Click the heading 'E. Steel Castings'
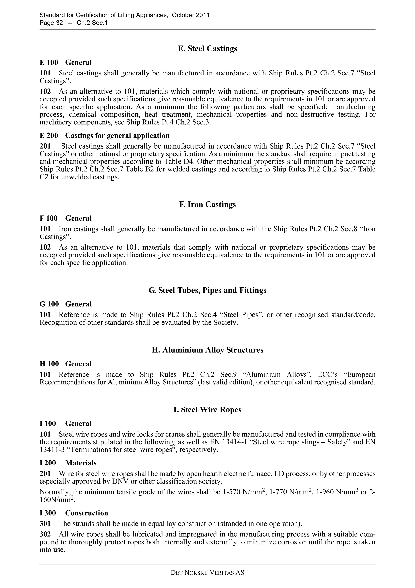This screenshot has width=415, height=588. point(207,49)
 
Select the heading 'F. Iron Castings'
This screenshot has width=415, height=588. point(207,204)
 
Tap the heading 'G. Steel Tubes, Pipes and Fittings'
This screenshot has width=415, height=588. point(207,290)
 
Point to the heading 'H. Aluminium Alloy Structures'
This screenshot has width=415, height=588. point(207,350)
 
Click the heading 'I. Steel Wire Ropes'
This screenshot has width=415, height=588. point(207,410)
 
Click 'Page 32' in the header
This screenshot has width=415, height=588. point(51,23)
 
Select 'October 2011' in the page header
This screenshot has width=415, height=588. point(190,15)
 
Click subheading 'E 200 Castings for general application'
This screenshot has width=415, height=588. point(104,136)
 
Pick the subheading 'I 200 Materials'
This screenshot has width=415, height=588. point(68,463)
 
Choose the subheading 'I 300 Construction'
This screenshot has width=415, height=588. point(74,513)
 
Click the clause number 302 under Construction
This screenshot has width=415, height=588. point(45,534)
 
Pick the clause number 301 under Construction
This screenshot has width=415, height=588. point(45,524)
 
